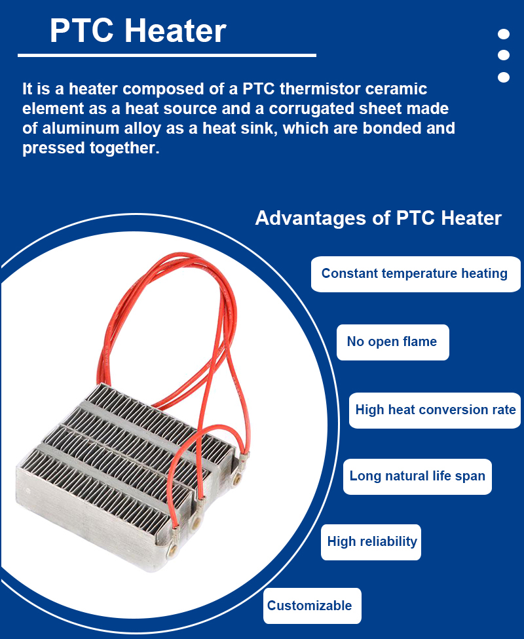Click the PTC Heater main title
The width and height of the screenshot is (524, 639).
pos(138,31)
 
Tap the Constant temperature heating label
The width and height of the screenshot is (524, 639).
pos(415,273)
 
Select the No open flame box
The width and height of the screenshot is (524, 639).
pos(393,342)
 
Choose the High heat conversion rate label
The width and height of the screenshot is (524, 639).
pos(436,410)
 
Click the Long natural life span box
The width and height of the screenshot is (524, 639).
pos(417,476)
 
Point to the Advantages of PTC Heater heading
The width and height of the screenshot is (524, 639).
pos(378,218)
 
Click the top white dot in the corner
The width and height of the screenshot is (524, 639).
pos(504,34)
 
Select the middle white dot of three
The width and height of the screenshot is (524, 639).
pos(504,55)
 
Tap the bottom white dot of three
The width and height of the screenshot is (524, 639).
pos(504,77)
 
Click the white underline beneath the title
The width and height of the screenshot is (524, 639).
pos(167,55)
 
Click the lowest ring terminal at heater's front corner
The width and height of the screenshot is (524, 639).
pos(173,552)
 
